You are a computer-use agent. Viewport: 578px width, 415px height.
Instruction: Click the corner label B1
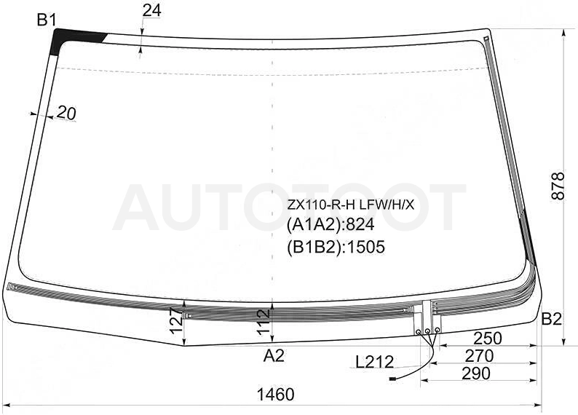coord(47,20)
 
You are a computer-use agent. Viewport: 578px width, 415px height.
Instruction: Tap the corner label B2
coord(551,319)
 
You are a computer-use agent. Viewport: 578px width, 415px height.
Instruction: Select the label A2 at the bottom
coord(274,356)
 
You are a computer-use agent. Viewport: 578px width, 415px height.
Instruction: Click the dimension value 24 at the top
coord(152,11)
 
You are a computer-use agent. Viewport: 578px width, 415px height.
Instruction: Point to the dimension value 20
coord(67,113)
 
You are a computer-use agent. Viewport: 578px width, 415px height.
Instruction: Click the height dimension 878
coord(558,186)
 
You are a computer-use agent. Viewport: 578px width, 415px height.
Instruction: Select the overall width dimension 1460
coord(275,395)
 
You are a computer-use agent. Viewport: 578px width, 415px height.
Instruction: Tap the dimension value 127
coord(178,320)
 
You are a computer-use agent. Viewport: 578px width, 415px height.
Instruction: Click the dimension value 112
coord(264,322)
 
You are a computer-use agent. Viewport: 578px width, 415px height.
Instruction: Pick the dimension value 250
coord(488,338)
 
